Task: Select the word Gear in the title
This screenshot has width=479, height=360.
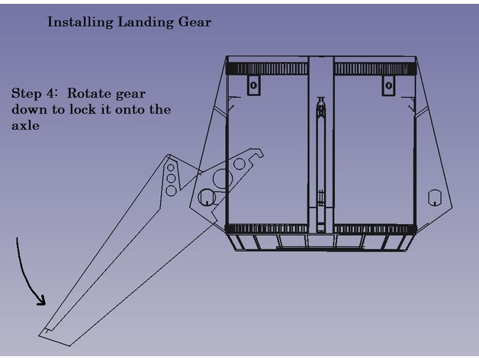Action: coord(194,22)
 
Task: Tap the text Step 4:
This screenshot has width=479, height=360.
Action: coord(36,93)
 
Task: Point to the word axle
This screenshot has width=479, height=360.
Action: coord(25,126)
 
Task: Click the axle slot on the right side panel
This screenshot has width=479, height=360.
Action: coord(434,198)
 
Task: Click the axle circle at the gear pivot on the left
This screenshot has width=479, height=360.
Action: coord(206,198)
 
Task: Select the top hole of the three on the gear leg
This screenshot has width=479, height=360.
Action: coord(171,167)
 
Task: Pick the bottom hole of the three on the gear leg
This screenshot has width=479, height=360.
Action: coord(171,189)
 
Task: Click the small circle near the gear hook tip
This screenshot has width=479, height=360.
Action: coord(239,163)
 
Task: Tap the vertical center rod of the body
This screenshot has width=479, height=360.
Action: coord(321,168)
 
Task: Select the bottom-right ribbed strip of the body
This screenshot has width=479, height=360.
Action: coord(373,229)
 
